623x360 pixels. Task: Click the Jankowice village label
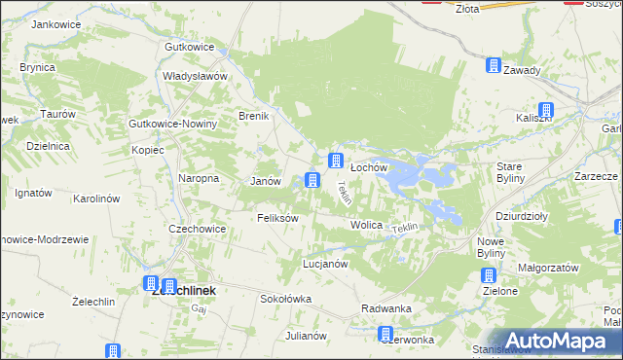(x=54, y=23)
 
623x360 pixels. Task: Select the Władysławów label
(x=195, y=76)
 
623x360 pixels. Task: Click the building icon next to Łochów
(x=336, y=161)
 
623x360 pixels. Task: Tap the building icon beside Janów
(x=311, y=179)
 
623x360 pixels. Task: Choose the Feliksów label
(x=277, y=218)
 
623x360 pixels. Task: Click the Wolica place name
(x=366, y=225)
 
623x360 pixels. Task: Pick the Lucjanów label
(x=325, y=264)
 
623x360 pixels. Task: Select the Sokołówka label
(x=285, y=299)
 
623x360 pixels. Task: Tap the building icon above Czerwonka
(x=386, y=334)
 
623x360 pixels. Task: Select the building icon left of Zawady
(x=494, y=66)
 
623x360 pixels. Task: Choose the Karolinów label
(x=96, y=198)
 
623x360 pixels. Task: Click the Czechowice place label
(x=198, y=229)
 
